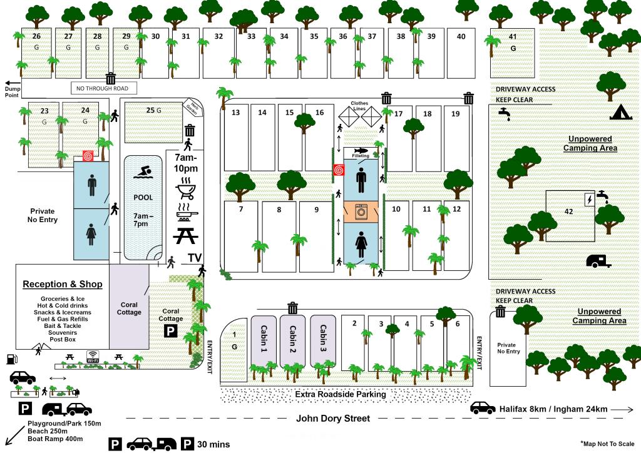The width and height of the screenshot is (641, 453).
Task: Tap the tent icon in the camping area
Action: tap(620, 113)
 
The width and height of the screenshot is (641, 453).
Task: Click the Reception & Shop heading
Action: tap(63, 284)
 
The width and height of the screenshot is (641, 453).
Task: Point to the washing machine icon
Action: tap(361, 211)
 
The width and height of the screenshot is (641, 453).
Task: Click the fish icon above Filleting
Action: tap(361, 150)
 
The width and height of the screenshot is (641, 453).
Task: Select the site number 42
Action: tap(568, 211)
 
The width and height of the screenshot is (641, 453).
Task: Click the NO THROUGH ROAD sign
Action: tap(103, 88)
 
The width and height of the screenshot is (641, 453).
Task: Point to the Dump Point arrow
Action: tap(11, 82)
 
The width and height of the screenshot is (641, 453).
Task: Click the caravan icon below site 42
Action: tap(598, 261)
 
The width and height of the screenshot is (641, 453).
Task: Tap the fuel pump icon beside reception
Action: tap(11, 359)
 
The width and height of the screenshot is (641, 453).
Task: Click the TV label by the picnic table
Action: tap(195, 258)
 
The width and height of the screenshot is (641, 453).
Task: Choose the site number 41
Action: tap(513, 37)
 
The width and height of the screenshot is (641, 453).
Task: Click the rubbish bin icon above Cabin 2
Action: tap(292, 308)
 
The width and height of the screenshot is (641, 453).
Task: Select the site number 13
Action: tap(236, 113)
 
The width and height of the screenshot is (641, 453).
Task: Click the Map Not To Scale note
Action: tap(607, 443)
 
